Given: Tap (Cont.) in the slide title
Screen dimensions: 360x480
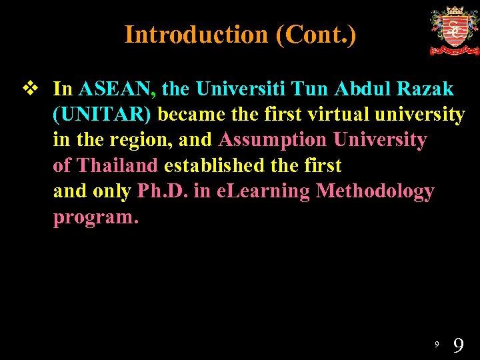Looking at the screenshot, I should coord(315,35).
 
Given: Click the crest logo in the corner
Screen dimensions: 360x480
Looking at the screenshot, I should coord(454,31).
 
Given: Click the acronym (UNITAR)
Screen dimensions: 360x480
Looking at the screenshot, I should coord(103,115).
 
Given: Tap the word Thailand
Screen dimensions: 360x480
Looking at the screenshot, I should coord(117,166).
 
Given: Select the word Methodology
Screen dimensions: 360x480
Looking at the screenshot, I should coord(375,192).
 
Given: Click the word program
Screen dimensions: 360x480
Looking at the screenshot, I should coord(95,218).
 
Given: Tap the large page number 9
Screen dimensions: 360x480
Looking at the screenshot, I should coord(458,345).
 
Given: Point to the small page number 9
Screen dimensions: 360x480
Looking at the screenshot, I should coord(437,344).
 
